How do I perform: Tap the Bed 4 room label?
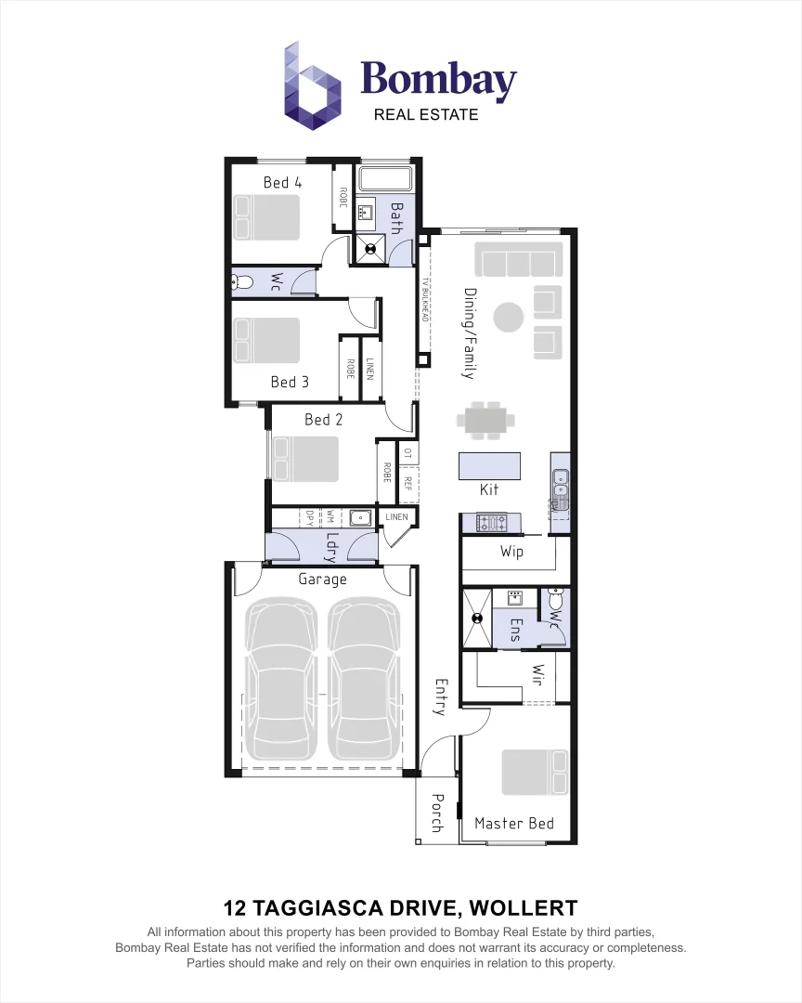tap(282, 182)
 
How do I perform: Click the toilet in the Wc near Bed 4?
tap(240, 281)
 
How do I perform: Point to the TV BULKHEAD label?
tap(425, 299)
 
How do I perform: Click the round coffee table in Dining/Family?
tap(509, 318)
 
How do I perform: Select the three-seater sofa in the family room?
tap(519, 259)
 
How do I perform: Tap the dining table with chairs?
tap(485, 421)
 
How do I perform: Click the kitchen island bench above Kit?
tap(489, 464)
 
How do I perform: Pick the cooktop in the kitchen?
tap(489, 523)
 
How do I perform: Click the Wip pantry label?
tap(511, 552)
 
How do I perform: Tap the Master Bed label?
tap(513, 823)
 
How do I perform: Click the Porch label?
tap(437, 814)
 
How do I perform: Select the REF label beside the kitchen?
tap(407, 483)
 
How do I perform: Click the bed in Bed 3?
tap(267, 340)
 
